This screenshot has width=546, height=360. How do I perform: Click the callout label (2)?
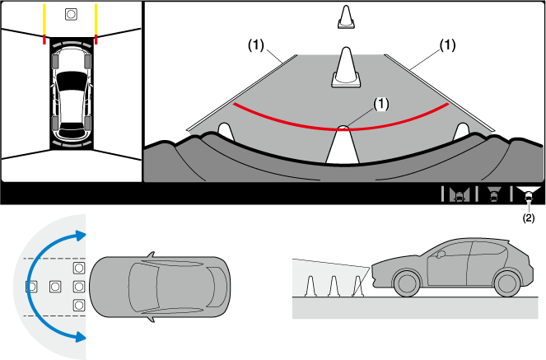pyautogui.click(x=528, y=220)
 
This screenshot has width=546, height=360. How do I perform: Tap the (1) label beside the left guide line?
pyautogui.click(x=255, y=47)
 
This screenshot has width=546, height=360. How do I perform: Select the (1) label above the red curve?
pyautogui.click(x=380, y=104)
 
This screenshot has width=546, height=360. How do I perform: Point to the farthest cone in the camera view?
pyautogui.click(x=345, y=17)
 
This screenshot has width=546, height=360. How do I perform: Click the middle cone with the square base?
pyautogui.click(x=345, y=66)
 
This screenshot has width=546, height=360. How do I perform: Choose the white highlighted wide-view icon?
pyautogui.click(x=528, y=194)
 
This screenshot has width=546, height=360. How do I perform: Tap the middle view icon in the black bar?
pyautogui.click(x=494, y=194)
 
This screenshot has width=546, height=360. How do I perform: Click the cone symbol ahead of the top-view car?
pyautogui.click(x=71, y=14)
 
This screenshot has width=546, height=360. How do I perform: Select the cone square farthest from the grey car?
pyautogui.click(x=31, y=286)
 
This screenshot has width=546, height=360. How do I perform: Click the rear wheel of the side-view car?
pyautogui.click(x=504, y=284)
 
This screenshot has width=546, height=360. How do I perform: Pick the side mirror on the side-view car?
pyautogui.click(x=440, y=255)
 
